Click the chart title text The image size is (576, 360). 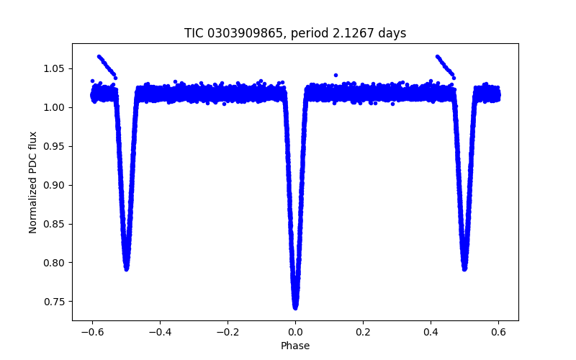pyautogui.click(x=295, y=33)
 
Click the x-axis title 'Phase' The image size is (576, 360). pyautogui.click(x=295, y=346)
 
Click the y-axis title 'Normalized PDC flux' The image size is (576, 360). pyautogui.click(x=32, y=181)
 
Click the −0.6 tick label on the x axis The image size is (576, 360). pyautogui.click(x=92, y=332)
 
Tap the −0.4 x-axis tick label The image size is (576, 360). pyautogui.click(x=160, y=332)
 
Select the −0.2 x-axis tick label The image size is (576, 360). pyautogui.click(x=228, y=332)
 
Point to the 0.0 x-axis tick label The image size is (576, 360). pyautogui.click(x=295, y=332)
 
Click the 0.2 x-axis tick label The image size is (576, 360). pyautogui.click(x=363, y=332)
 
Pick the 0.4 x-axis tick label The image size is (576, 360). pyautogui.click(x=431, y=332)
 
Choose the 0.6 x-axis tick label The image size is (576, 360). pyautogui.click(x=498, y=332)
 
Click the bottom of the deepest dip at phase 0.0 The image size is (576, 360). pyautogui.click(x=295, y=307)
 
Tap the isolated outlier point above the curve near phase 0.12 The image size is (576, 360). pyautogui.click(x=336, y=75)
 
